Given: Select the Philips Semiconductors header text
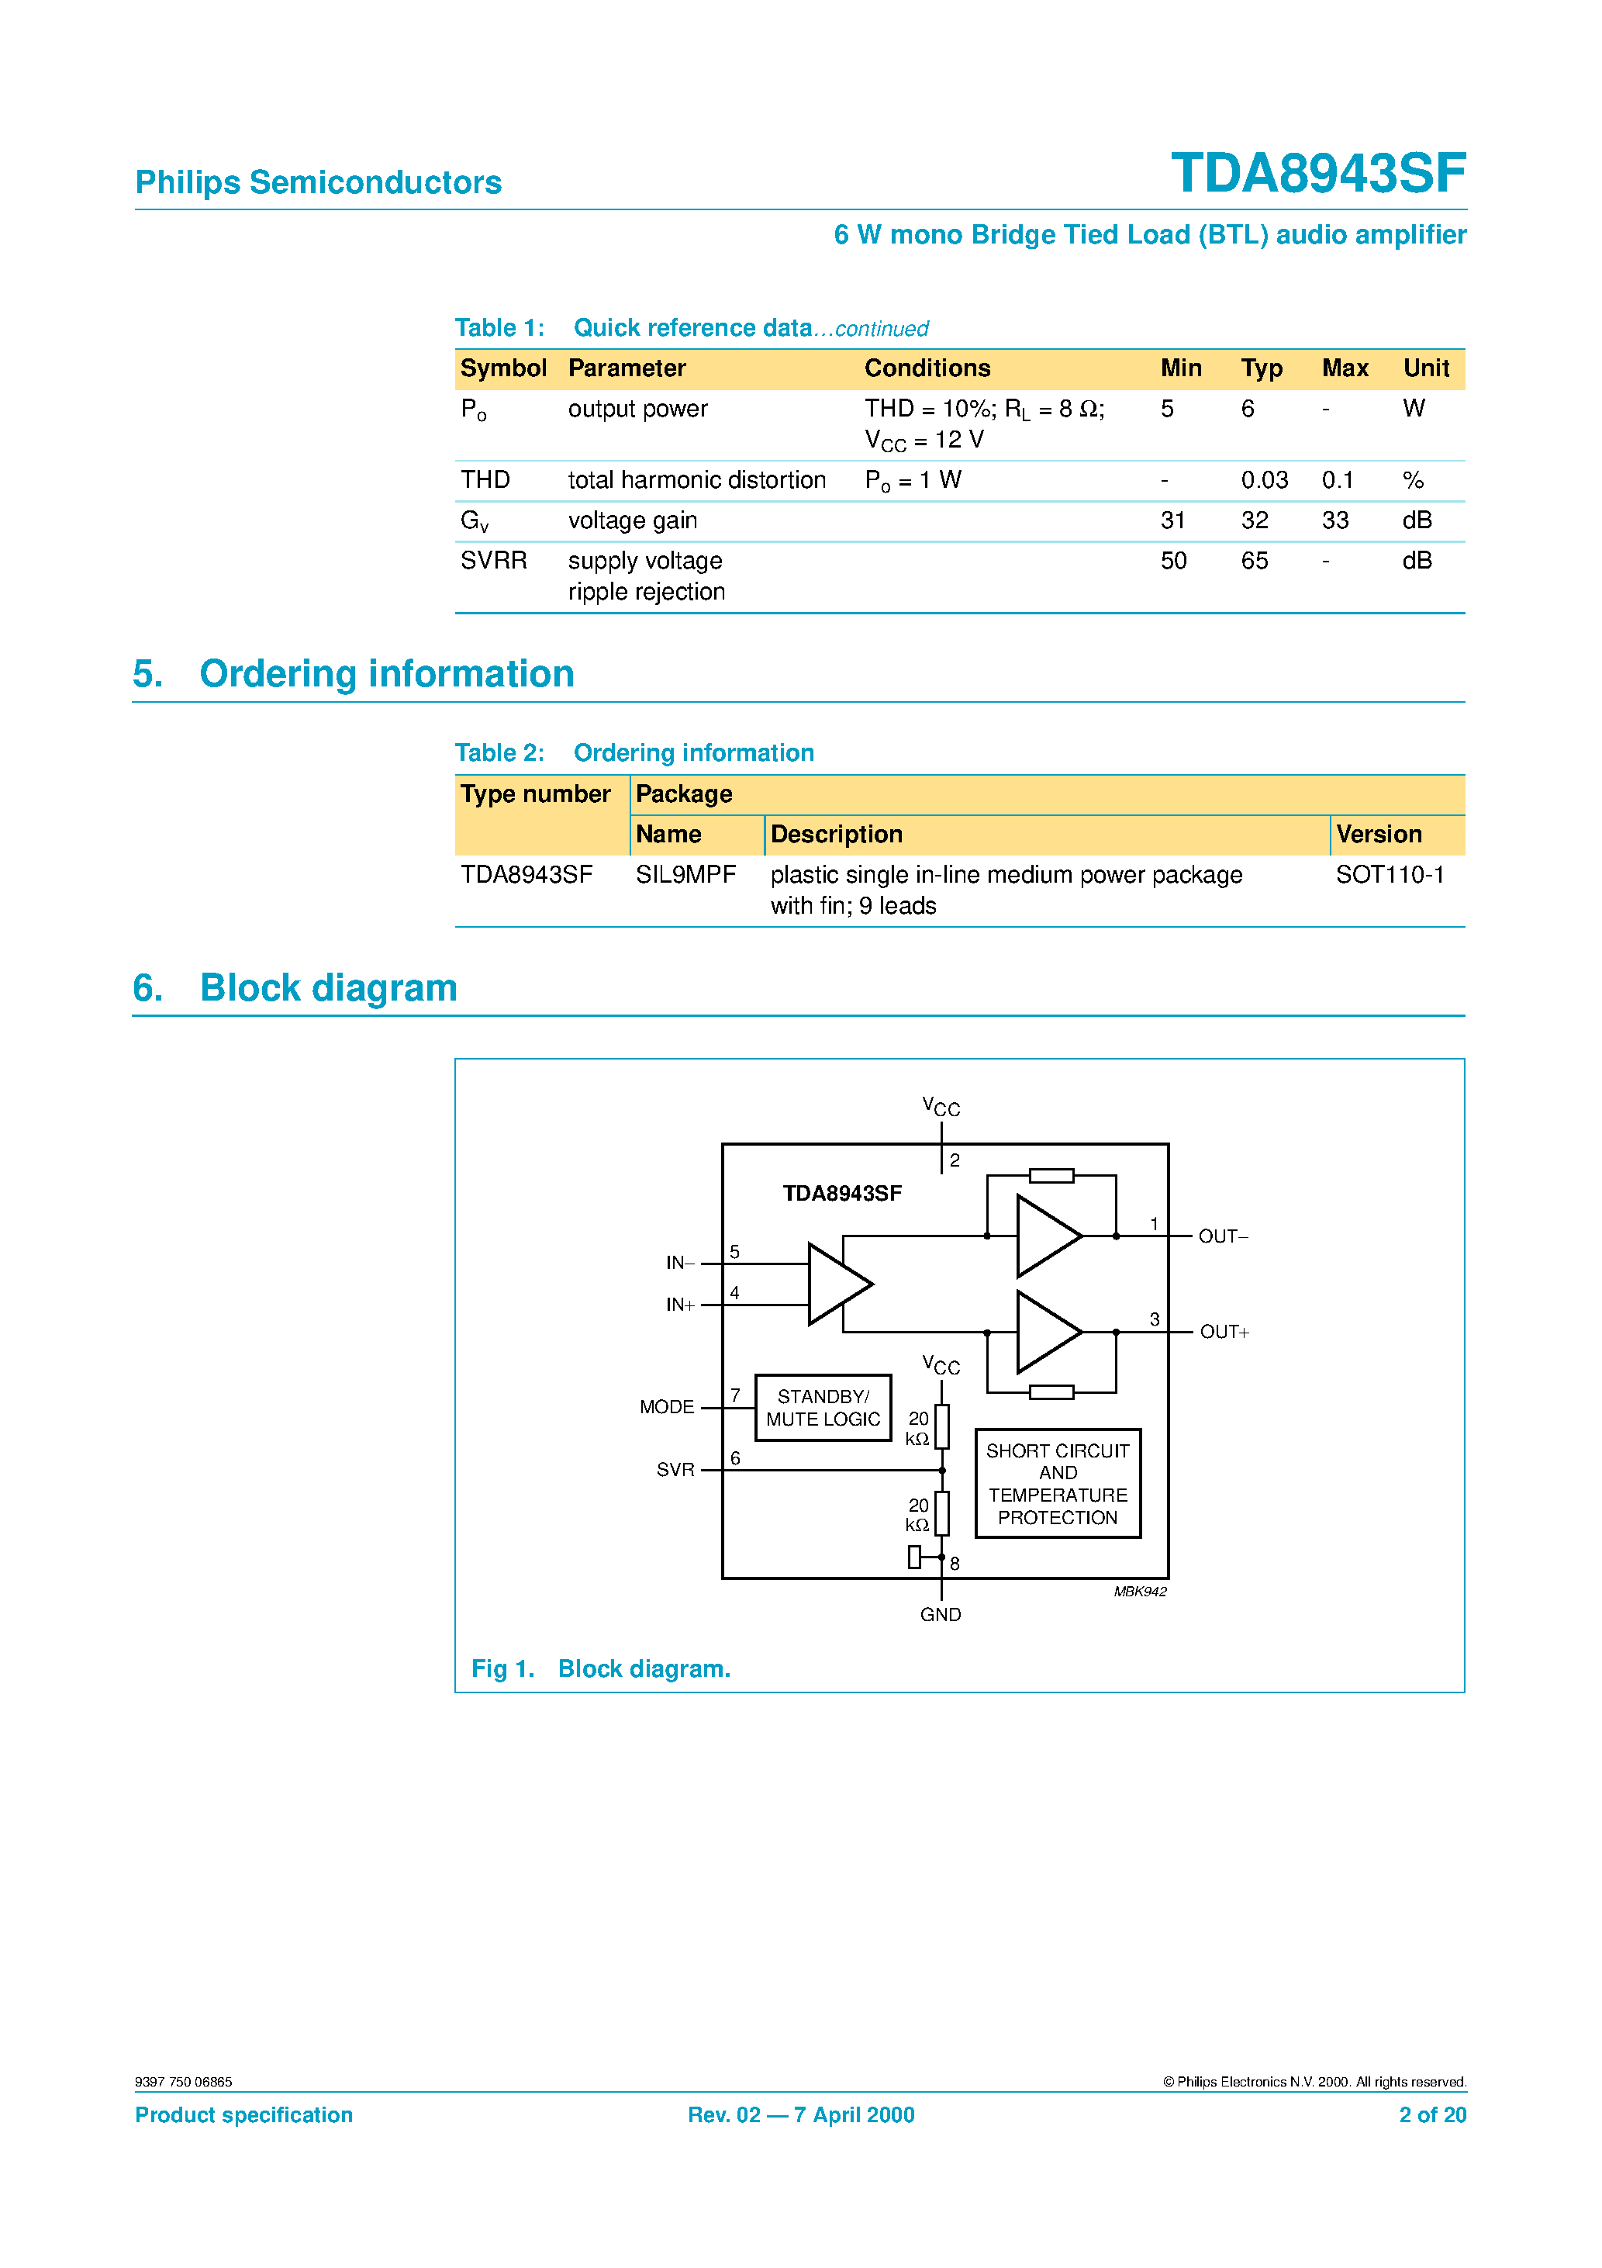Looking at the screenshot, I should point(318,183).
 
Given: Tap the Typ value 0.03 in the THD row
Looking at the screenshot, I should point(1263,480).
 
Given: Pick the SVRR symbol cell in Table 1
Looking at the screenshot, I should point(494,561).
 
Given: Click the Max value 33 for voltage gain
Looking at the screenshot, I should point(1334,520).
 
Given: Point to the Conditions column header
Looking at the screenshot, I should point(927,368).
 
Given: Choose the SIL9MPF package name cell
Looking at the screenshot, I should point(685,875).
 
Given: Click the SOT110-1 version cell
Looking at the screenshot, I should point(1389,875).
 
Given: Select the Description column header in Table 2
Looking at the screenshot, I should point(836,835).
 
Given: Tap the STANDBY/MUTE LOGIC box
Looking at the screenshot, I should point(823,1408).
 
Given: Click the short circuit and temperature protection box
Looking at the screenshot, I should point(1057,1484).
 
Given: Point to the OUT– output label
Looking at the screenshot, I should point(1223,1236).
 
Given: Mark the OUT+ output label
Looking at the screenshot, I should point(1224,1333).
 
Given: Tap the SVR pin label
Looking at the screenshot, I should point(675,1470).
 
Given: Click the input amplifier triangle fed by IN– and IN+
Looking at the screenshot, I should point(837,1284).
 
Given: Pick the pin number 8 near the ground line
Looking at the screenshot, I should point(954,1564).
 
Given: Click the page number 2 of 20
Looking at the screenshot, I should point(1431,2115).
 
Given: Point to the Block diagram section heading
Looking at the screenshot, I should point(328,988).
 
